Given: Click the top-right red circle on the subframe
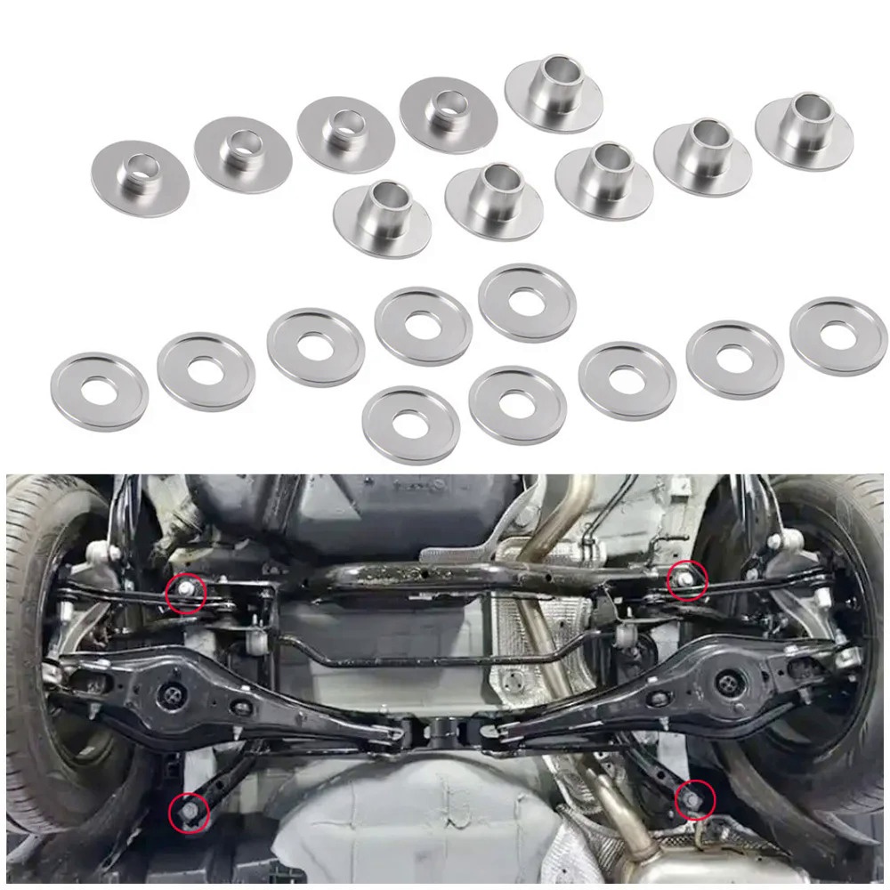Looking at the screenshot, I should [x=688, y=579].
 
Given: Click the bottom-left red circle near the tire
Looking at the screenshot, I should [x=189, y=813].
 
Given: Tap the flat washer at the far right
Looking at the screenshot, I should [x=837, y=336].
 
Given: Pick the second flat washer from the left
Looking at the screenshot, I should [x=206, y=370].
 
